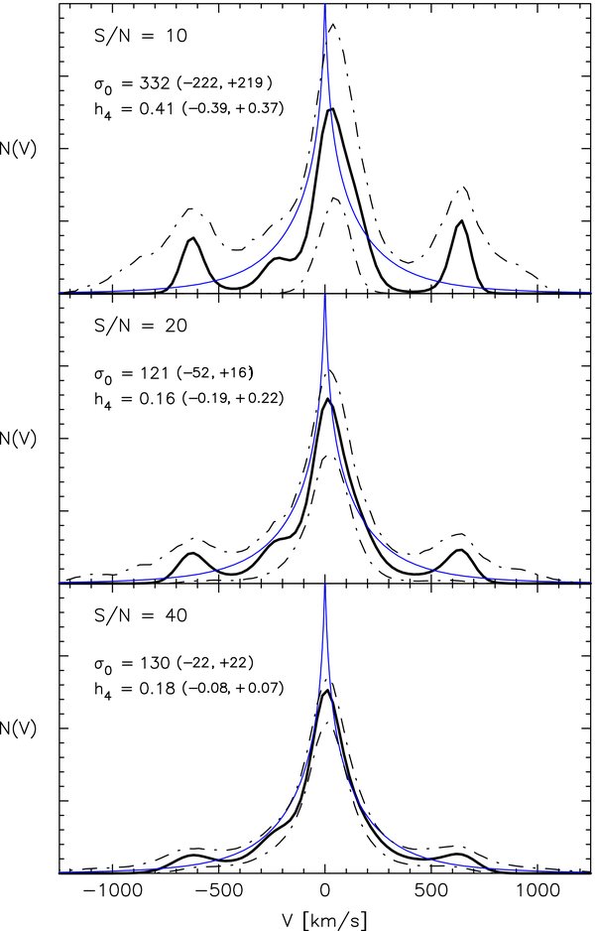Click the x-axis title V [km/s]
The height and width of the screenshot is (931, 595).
(x=325, y=919)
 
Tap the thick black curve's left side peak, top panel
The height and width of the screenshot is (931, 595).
(x=192, y=238)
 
